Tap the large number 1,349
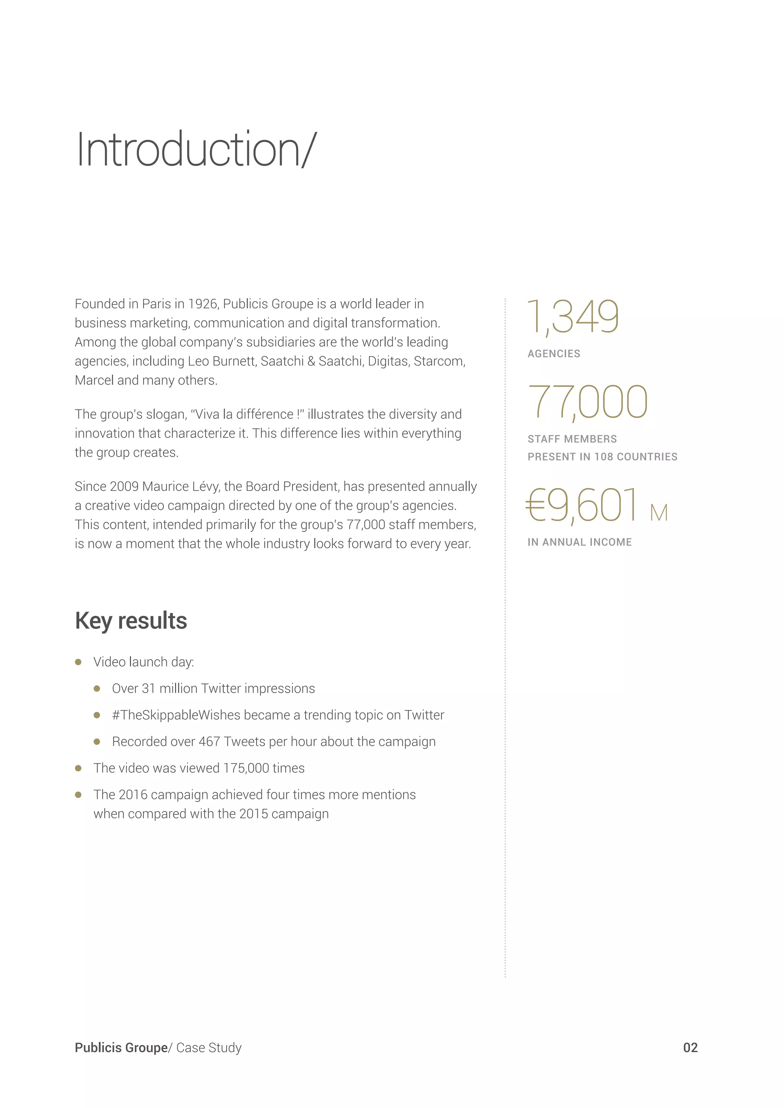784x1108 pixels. [x=573, y=317]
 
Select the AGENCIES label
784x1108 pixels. [x=554, y=354]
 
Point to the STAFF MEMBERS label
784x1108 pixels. [x=572, y=439]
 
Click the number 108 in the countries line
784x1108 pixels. [x=603, y=457]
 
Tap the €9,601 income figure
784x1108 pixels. [x=582, y=505]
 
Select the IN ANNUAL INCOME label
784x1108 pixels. [x=579, y=543]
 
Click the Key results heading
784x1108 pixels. [x=131, y=621]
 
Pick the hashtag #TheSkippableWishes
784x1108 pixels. [x=176, y=715]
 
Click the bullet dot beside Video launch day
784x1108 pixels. [x=78, y=662]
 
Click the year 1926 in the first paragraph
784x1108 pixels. [x=202, y=304]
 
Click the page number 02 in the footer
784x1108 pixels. [x=690, y=1048]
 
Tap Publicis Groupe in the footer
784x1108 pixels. [x=121, y=1048]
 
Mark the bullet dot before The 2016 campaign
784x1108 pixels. [x=78, y=795]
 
